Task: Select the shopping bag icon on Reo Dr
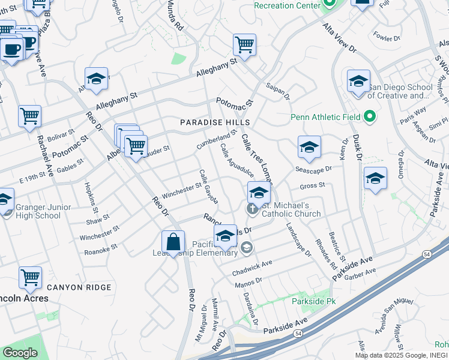tap(173, 243)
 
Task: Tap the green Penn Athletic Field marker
tap(370, 117)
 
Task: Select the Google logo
tap(20, 352)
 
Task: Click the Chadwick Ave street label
tap(252, 268)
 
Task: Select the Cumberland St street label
tap(217, 139)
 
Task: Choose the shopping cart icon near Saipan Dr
tap(244, 44)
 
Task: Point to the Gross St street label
tap(312, 186)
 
